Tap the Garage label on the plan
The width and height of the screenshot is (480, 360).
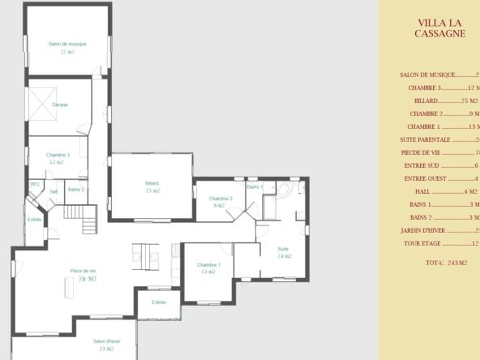point(60,105)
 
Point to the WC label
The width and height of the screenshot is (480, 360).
point(35,184)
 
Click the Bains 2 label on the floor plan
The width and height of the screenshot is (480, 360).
point(76,189)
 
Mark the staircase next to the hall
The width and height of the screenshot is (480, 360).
point(88,219)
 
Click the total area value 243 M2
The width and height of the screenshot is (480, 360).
point(446,263)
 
